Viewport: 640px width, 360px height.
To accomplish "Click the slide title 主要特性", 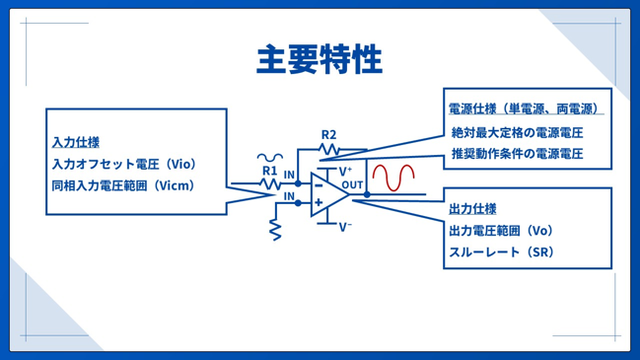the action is click(320, 59).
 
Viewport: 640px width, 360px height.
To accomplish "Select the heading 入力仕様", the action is click(76, 142).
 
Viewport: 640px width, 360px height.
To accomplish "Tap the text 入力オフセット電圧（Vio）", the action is click(124, 164).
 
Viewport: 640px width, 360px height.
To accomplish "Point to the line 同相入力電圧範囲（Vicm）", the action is click(123, 185).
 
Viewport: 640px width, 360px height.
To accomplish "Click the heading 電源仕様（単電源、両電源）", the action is click(524, 108).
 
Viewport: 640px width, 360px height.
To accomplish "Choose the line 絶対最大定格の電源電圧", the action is click(517, 132).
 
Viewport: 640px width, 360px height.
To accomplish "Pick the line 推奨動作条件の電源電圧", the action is click(517, 154).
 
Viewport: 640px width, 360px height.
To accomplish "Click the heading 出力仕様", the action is click(472, 209).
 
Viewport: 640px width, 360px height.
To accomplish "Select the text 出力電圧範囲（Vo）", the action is click(501, 231).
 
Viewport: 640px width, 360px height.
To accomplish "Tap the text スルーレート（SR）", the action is click(501, 252).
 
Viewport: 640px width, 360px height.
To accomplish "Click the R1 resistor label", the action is click(269, 171).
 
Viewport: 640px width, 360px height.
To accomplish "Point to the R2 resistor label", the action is click(328, 135).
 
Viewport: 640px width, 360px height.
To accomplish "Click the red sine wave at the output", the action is click(393, 178).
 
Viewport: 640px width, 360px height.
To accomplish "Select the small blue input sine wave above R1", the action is click(270, 157).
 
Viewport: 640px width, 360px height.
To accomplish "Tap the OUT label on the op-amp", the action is click(352, 184).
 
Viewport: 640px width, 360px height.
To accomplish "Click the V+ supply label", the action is click(345, 171).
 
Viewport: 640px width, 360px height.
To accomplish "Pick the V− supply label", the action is click(345, 227).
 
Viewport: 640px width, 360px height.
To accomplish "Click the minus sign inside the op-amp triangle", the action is click(319, 186).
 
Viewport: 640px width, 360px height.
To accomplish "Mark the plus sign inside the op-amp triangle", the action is click(319, 202).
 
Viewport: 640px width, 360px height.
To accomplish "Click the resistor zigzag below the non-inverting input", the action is click(275, 230).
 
